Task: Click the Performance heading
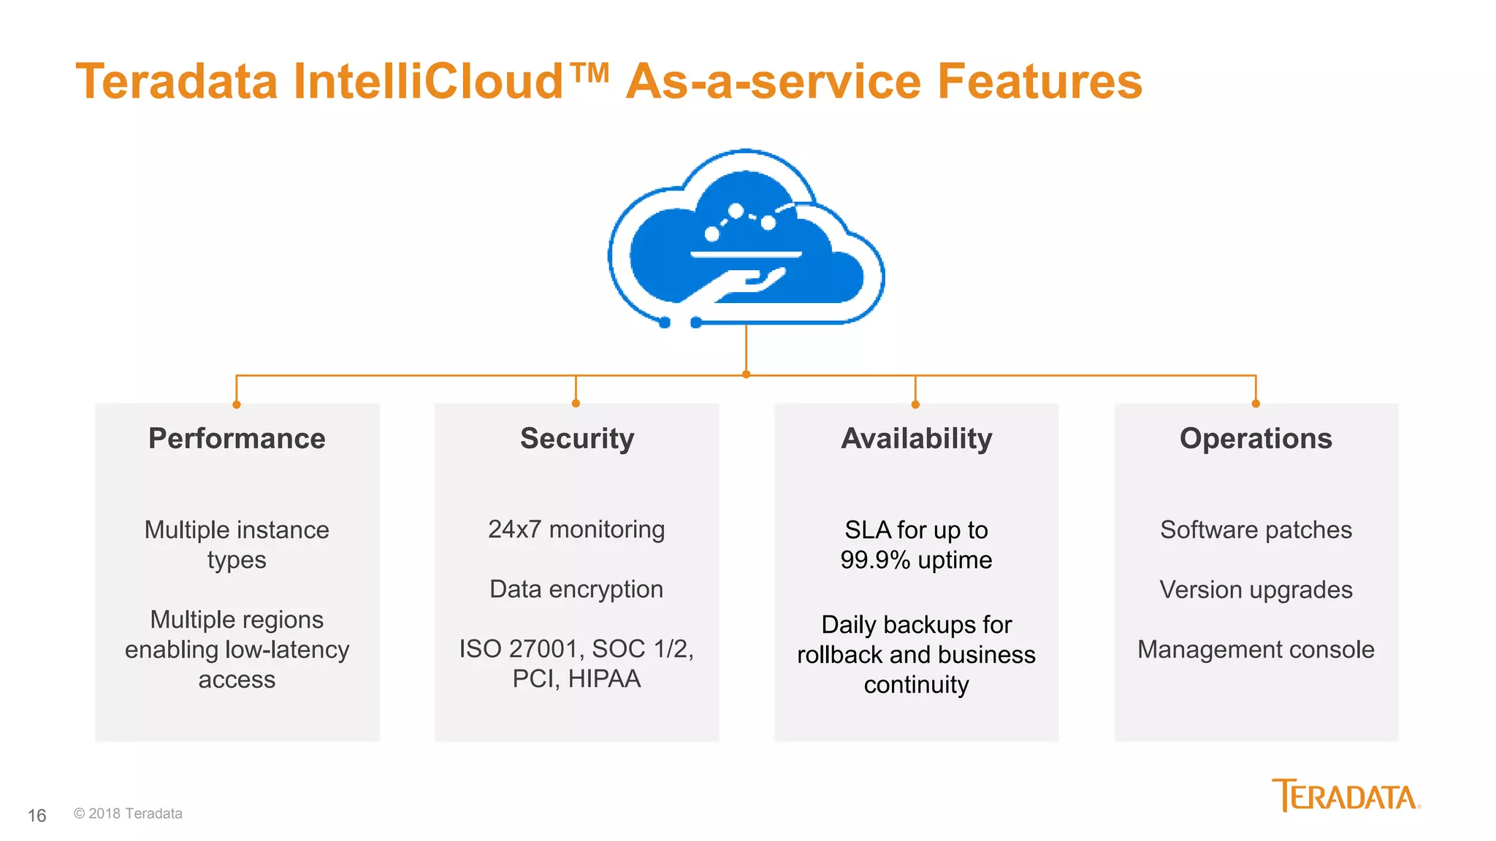pyautogui.click(x=237, y=439)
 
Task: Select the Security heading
pyautogui.click(x=577, y=439)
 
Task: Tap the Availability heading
pyautogui.click(x=916, y=439)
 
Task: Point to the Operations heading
pyautogui.click(x=1256, y=439)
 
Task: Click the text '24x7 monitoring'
pyautogui.click(x=576, y=529)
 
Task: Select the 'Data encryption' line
pyautogui.click(x=576, y=589)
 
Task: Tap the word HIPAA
pyautogui.click(x=604, y=679)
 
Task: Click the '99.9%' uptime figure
pyautogui.click(x=875, y=560)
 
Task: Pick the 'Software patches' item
pyautogui.click(x=1256, y=529)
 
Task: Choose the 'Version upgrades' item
pyautogui.click(x=1256, y=589)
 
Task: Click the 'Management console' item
pyautogui.click(x=1256, y=649)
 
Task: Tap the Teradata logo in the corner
pyautogui.click(x=1346, y=796)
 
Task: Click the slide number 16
pyautogui.click(x=37, y=815)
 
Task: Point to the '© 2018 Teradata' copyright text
pyautogui.click(x=128, y=813)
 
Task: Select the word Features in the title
pyautogui.click(x=1039, y=81)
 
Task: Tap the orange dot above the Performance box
pyautogui.click(x=237, y=404)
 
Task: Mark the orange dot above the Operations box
pyautogui.click(x=1256, y=404)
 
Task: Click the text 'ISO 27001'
pyautogui.click(x=521, y=648)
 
